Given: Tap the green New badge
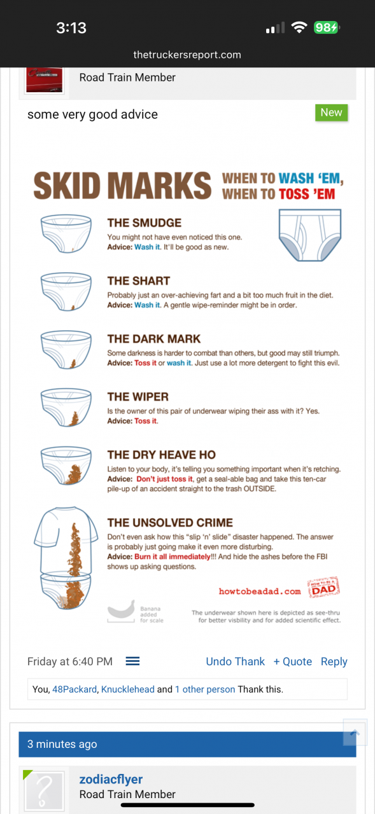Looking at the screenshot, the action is click(x=331, y=113).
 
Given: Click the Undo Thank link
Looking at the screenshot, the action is click(x=236, y=661).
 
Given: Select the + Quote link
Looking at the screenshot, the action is click(x=293, y=661).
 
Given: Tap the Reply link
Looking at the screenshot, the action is click(x=334, y=662).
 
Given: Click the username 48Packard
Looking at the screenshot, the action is click(x=74, y=689).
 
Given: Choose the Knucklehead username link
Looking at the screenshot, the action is click(x=128, y=689).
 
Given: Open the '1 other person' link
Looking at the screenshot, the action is click(x=205, y=689).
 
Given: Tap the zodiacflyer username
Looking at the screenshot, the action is click(x=111, y=779).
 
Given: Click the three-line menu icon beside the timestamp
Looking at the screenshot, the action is click(x=133, y=661).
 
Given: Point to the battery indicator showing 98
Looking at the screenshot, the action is click(x=326, y=27).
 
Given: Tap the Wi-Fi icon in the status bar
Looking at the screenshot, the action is click(x=299, y=27).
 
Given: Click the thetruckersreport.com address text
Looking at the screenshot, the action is click(x=187, y=55).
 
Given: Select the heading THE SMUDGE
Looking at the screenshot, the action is click(x=145, y=223).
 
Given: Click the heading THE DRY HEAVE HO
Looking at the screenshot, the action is click(x=162, y=455).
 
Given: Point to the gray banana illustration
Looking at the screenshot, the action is click(x=121, y=609).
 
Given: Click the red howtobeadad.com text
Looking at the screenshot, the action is click(x=260, y=591).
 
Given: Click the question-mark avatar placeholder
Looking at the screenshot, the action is click(x=45, y=790).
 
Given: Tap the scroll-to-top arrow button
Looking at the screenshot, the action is click(x=355, y=732).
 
